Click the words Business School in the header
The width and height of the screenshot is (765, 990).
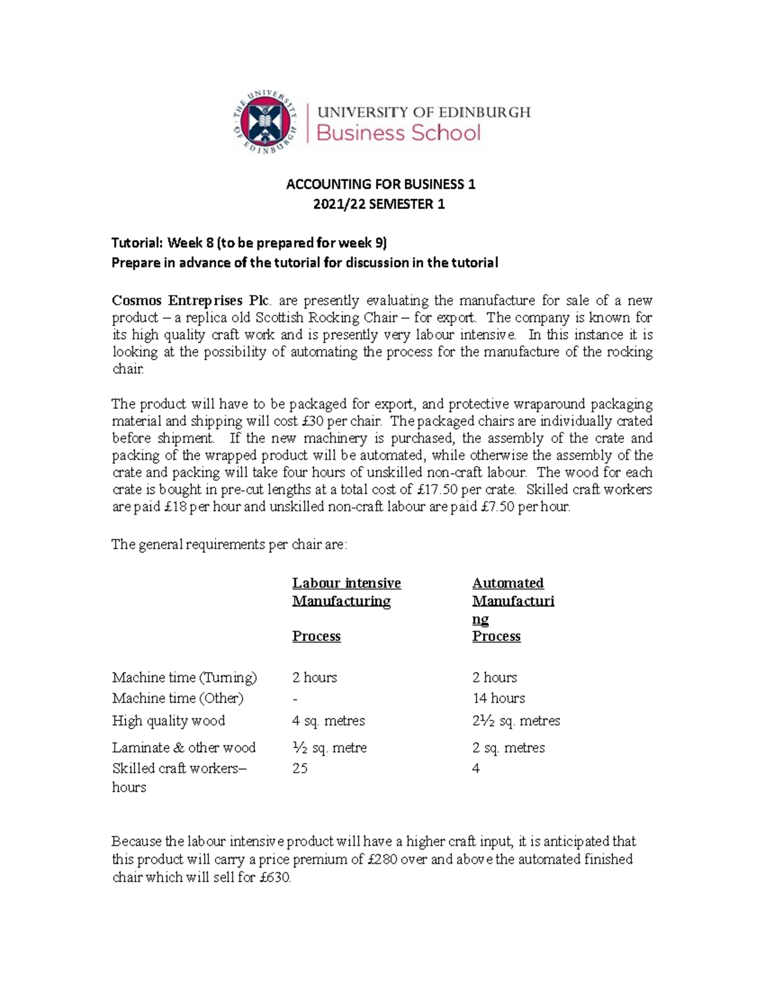398,133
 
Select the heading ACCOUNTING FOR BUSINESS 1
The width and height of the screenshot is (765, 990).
381,184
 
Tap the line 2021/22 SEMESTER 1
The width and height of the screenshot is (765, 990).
381,204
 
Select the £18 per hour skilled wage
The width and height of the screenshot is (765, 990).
175,507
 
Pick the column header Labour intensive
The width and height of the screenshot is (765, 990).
346,583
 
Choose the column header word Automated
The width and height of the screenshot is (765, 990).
507,583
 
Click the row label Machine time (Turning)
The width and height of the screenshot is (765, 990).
184,677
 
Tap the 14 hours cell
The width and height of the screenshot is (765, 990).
499,698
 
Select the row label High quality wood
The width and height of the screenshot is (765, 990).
168,720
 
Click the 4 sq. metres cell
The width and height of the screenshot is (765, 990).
328,720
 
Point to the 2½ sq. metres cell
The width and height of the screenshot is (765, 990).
516,720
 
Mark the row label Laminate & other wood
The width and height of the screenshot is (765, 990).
184,747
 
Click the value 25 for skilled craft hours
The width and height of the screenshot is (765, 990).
300,768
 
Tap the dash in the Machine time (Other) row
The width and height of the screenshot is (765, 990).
295,698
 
